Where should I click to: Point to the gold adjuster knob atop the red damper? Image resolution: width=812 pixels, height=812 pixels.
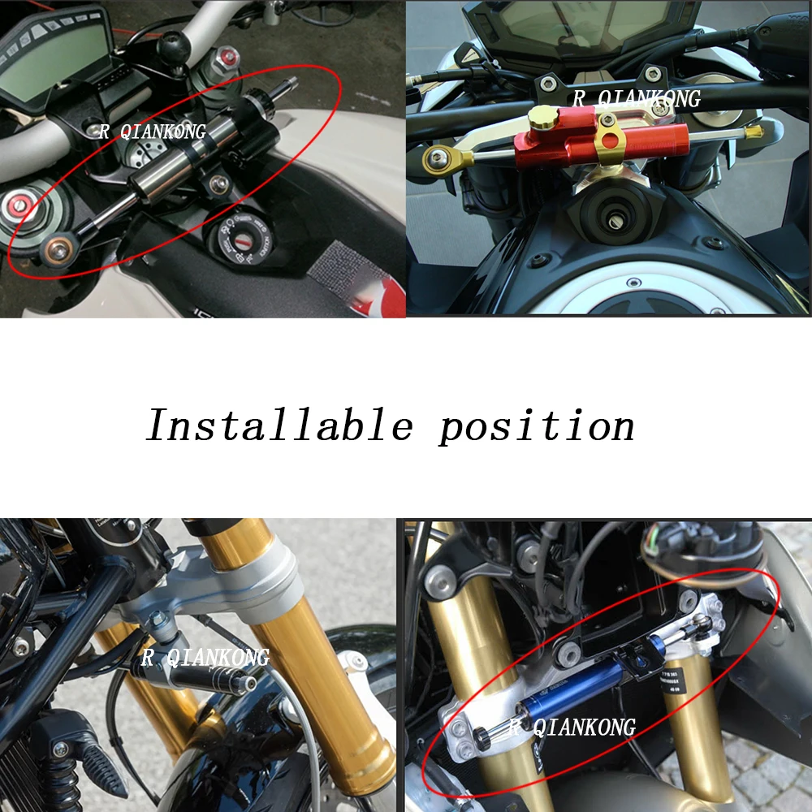click(542, 119)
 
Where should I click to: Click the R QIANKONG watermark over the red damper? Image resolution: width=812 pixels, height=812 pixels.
click(637, 99)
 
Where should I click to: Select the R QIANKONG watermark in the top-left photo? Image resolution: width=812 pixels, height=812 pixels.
click(153, 132)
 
